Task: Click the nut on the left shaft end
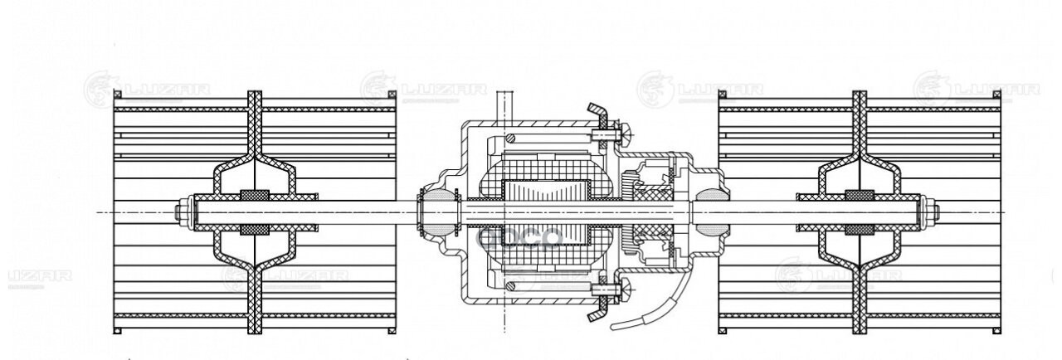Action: tap(180, 212)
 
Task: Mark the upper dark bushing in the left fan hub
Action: tap(255, 196)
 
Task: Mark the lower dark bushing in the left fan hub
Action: tap(255, 230)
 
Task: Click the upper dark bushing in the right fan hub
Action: tap(860, 196)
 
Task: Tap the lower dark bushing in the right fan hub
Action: tap(860, 230)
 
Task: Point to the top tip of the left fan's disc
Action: tap(255, 95)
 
